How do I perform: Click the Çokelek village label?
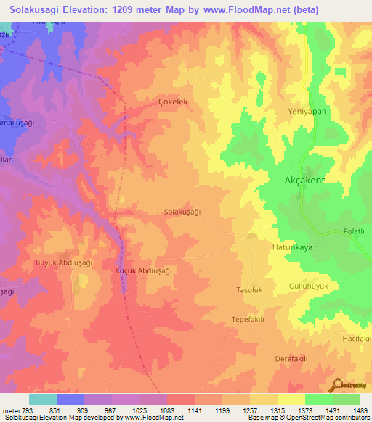point(173,102)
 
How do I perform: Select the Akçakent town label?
point(302,181)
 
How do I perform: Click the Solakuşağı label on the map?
point(182,212)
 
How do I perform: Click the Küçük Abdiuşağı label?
point(143,270)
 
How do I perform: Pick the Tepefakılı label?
point(247,320)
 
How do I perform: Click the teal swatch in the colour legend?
point(42,400)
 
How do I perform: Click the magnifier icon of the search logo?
point(339,385)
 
